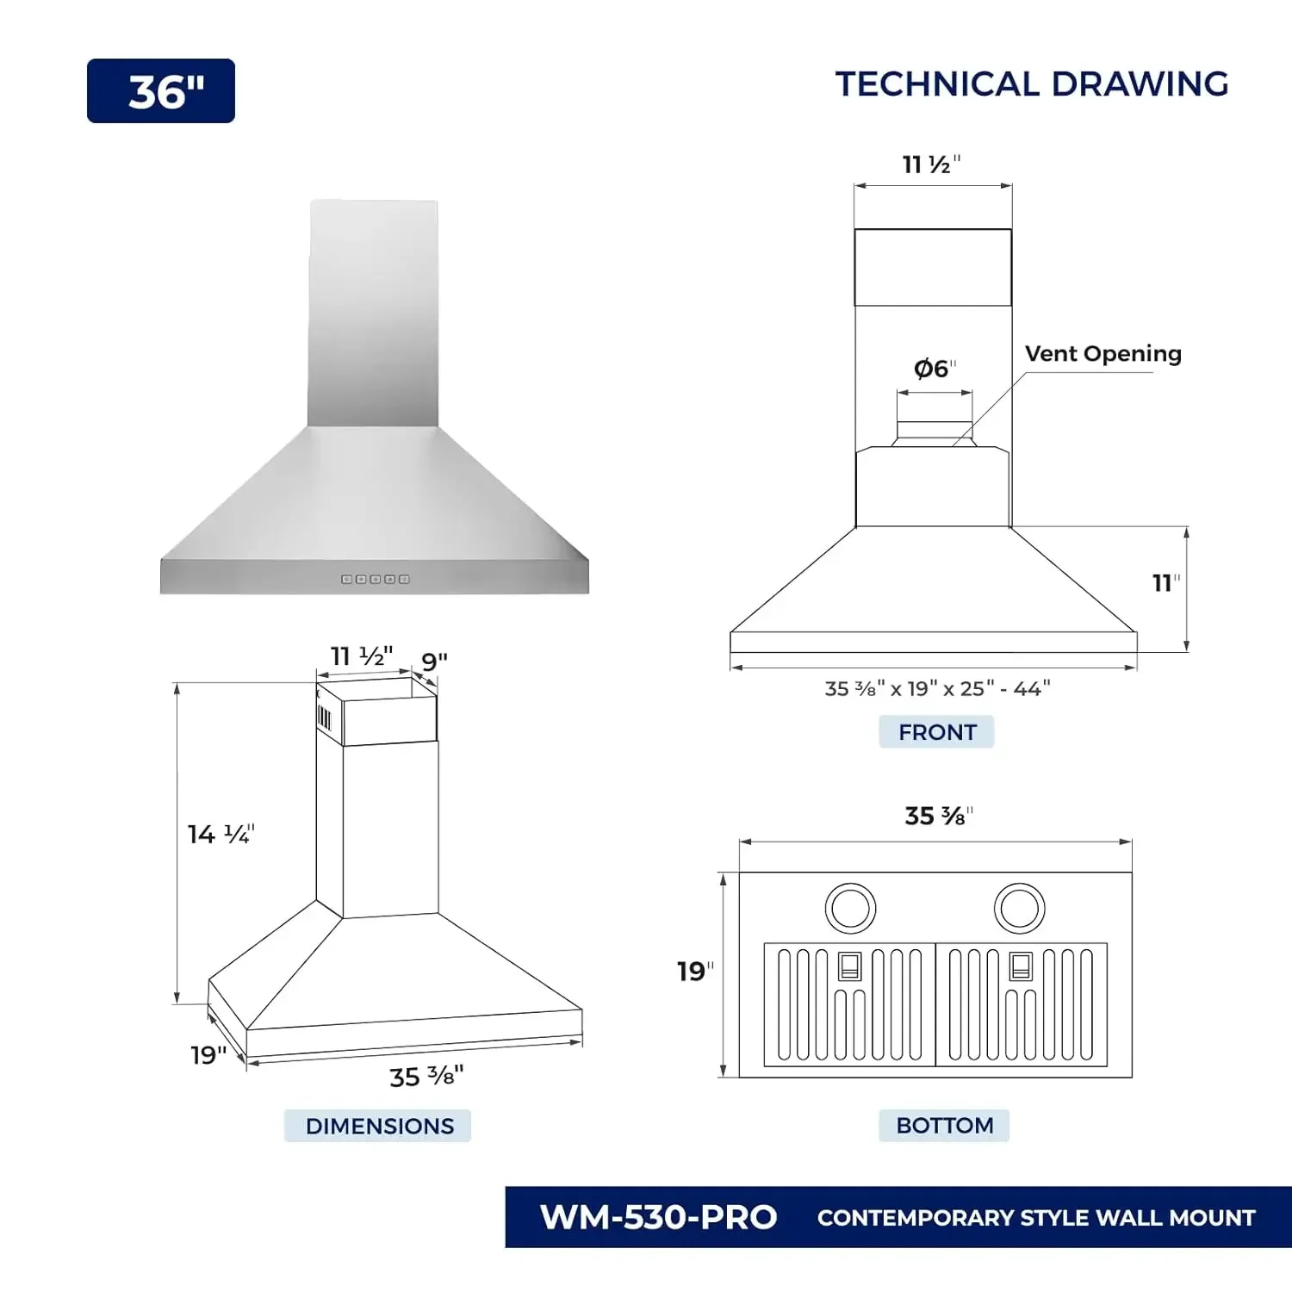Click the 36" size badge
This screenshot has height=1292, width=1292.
click(x=161, y=91)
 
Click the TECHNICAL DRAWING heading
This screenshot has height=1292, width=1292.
click(x=1031, y=84)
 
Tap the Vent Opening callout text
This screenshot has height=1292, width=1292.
click(x=1103, y=354)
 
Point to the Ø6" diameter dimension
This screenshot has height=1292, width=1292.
click(x=934, y=369)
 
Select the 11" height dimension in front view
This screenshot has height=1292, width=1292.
click(x=1165, y=583)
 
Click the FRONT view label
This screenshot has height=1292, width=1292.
click(x=936, y=732)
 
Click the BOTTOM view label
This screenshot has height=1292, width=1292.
click(x=944, y=1126)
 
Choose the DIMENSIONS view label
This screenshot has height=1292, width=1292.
click(x=378, y=1126)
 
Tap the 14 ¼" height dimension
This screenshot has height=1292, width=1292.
click(x=221, y=834)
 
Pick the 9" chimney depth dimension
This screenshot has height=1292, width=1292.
click(x=434, y=662)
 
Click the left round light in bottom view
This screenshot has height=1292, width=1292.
click(x=850, y=908)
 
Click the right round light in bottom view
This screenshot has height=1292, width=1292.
click(x=1019, y=908)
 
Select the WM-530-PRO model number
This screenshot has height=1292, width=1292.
click(x=658, y=1217)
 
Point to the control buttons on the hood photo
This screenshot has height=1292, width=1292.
click(x=376, y=580)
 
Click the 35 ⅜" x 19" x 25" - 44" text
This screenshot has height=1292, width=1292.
click(x=937, y=689)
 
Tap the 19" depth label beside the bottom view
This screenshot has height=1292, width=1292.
click(x=694, y=972)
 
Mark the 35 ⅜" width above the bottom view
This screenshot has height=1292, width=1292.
click(x=938, y=816)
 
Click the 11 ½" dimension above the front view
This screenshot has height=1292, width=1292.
click(x=930, y=165)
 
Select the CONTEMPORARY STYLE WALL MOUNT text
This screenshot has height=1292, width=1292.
click(x=1036, y=1218)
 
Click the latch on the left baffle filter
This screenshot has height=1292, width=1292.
click(x=849, y=966)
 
